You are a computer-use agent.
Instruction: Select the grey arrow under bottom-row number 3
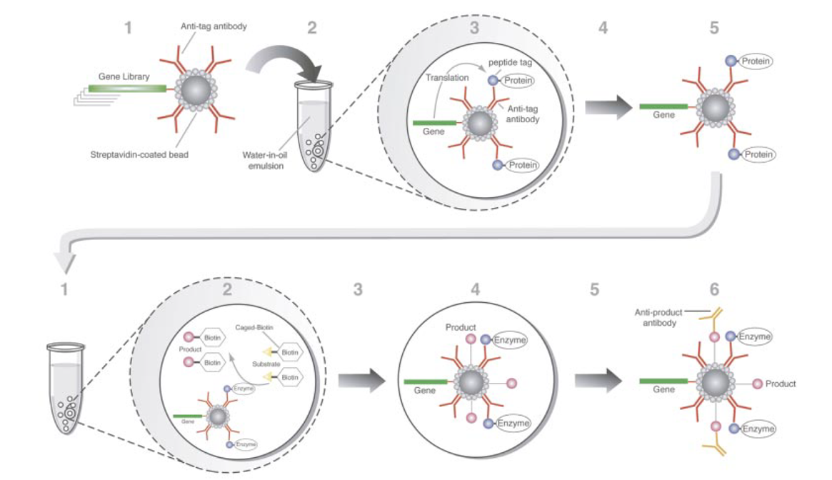(x=362, y=381)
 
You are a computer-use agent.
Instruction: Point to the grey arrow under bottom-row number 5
(x=598, y=381)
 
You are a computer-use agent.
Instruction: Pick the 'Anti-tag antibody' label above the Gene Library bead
(x=214, y=27)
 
